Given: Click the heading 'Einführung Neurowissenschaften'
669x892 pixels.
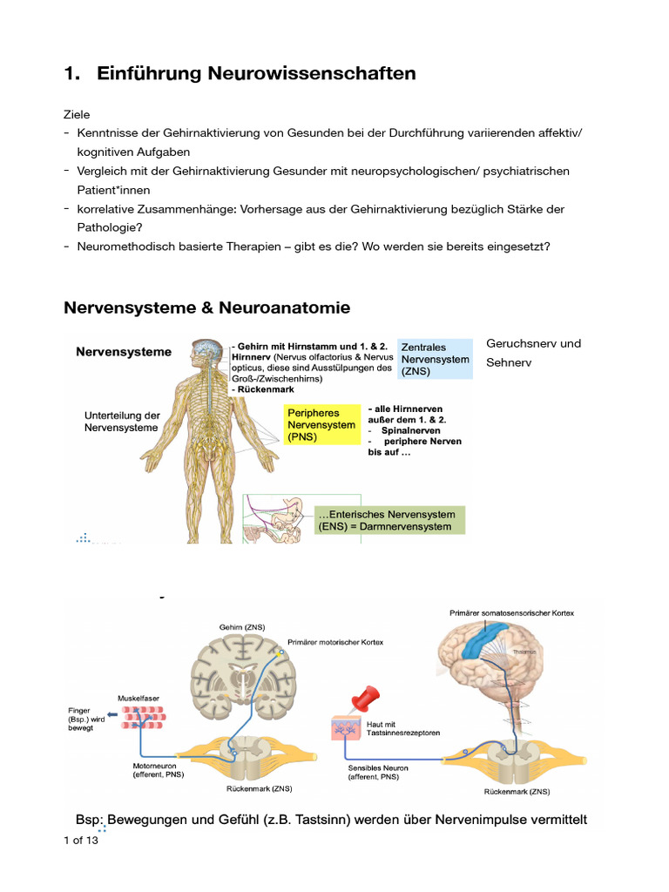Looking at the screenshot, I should point(256,74).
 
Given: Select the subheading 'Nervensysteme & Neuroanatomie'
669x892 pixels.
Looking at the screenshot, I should point(207,307).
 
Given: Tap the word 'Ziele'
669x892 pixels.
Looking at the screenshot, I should point(77,114).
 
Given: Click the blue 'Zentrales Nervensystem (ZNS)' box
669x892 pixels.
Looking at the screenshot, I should point(435,359).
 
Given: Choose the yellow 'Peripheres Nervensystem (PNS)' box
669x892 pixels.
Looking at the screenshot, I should point(321,425).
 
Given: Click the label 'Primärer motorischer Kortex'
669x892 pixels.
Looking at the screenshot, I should point(334,642).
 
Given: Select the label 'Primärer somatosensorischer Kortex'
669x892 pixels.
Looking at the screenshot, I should point(511,612).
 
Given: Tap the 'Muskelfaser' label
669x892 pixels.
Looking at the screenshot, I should point(138,698).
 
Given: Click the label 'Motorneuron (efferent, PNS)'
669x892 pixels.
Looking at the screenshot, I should point(156,769).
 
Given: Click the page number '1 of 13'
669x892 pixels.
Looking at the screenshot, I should point(81,841).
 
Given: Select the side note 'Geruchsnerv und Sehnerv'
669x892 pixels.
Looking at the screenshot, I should point(532,352).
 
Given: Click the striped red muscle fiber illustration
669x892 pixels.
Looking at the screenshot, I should point(146,718).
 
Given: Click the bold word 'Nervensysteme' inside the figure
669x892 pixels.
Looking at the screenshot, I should point(124,353).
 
